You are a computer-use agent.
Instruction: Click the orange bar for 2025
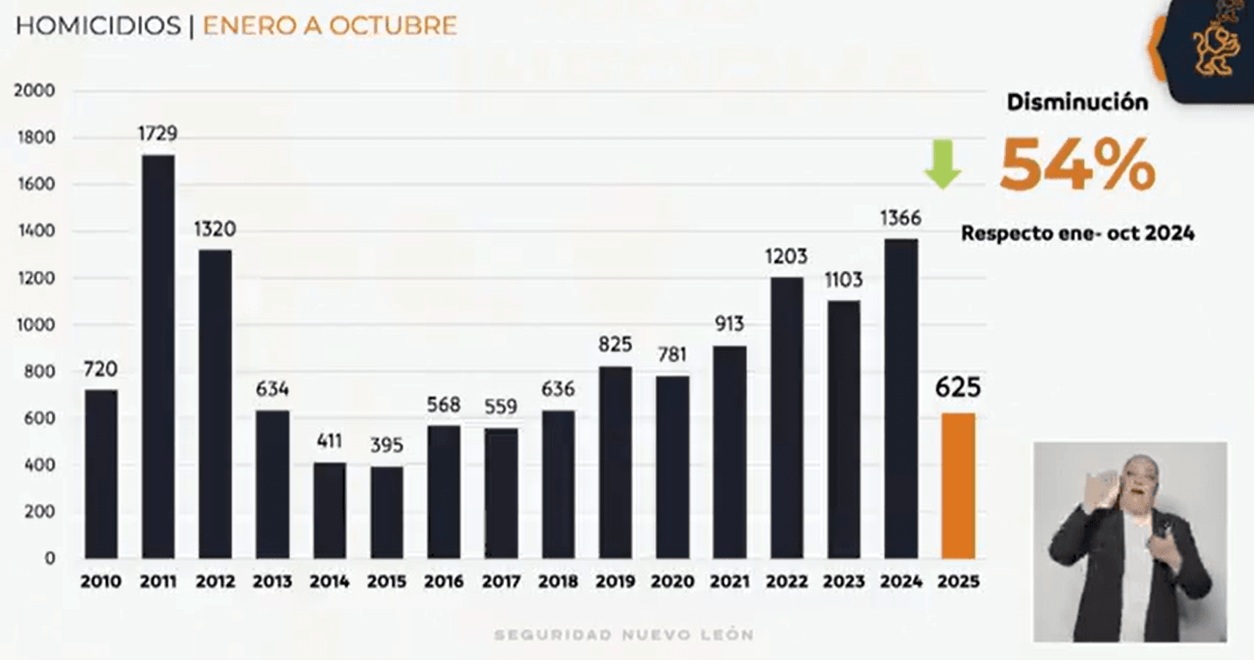coord(958,486)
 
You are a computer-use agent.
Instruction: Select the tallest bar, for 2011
coord(158,357)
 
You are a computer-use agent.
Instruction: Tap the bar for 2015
coord(386,512)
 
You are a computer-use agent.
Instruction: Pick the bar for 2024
coord(901,399)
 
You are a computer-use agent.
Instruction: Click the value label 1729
coord(158,133)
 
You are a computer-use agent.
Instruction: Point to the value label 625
coord(958,387)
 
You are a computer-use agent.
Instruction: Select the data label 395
coord(386,445)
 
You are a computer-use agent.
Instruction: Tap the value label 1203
coord(787,257)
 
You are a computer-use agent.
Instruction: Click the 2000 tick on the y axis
coord(34,90)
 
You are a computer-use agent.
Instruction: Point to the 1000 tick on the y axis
coord(35,324)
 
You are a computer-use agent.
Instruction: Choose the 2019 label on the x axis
coord(614,582)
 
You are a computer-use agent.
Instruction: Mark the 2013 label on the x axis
coord(272,582)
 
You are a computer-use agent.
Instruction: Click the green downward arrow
coord(943,164)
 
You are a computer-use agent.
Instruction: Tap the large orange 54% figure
coord(1077,166)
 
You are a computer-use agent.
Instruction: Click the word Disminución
coord(1077,103)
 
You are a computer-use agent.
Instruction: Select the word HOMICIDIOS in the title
coord(98,25)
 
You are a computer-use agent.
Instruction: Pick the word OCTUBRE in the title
coord(393,25)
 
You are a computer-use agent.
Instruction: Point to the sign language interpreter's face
coord(1137,480)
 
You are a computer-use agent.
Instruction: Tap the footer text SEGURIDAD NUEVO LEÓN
coord(624,635)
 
